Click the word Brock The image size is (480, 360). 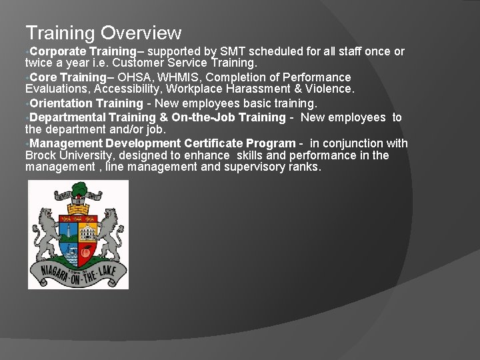tap(41, 155)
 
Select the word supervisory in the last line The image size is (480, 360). tap(259, 167)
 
